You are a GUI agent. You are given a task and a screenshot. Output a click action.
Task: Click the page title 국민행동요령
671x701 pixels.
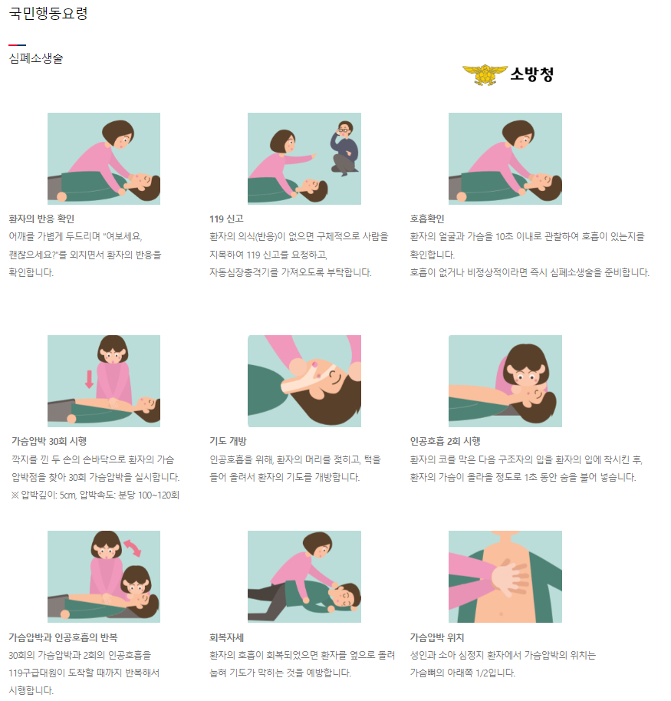pos(48,13)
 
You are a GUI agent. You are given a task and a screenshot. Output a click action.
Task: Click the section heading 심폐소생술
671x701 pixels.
pos(36,58)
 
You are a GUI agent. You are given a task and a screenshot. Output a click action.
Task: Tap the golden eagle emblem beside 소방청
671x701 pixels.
pos(485,74)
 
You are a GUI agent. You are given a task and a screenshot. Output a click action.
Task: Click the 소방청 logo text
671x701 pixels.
pos(532,74)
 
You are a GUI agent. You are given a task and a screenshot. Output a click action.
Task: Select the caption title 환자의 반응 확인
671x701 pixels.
pos(41,219)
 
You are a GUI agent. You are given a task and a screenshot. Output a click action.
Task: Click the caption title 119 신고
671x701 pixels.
pos(227,219)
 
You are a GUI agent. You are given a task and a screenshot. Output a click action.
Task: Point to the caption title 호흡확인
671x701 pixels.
pos(427,219)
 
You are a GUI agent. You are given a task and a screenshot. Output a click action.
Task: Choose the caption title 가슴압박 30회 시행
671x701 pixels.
pos(49,441)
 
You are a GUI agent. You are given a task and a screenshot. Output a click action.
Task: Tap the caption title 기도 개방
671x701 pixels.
pos(228,441)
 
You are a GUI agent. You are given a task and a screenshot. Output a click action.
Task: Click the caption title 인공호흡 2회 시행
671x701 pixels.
pos(446,441)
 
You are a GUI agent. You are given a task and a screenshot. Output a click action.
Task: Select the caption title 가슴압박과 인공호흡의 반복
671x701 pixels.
pos(64,637)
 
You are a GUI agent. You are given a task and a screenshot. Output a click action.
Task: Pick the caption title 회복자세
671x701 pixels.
pos(227,637)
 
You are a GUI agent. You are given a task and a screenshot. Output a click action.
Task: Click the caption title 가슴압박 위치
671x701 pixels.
pos(437,637)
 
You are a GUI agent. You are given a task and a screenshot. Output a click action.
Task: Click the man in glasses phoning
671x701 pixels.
pos(344,148)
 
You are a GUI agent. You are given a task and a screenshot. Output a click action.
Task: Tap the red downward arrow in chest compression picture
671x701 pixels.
pos(90,379)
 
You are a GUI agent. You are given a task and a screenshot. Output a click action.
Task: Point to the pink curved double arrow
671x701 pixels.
pos(133,548)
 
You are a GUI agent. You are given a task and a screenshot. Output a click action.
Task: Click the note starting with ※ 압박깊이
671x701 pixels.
pos(95,495)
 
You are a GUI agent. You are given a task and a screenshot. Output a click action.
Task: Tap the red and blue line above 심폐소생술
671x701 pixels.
pos(18,45)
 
